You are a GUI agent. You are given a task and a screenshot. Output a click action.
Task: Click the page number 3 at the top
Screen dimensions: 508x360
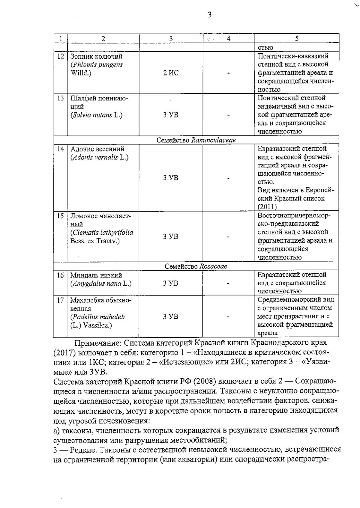[209, 15]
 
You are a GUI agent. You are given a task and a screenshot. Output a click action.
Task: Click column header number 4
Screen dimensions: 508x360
[229, 38]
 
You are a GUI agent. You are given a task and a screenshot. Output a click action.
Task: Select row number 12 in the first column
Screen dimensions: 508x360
[61, 56]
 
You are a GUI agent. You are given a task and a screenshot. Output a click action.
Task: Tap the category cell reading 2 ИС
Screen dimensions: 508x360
[171, 73]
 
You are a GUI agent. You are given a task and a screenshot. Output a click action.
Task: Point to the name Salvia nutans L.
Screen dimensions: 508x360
[97, 115]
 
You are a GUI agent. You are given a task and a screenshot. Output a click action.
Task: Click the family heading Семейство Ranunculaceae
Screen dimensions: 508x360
[196, 140]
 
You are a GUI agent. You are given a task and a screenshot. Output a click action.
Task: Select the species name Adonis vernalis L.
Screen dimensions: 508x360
[100, 157]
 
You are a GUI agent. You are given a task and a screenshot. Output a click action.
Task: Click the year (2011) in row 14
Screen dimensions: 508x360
[267, 207]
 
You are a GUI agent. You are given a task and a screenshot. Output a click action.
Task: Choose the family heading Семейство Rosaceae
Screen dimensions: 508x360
[196, 266]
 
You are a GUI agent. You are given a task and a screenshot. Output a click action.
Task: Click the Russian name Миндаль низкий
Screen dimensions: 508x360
[96, 275]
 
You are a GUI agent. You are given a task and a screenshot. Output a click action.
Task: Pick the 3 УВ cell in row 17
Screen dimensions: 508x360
[171, 316]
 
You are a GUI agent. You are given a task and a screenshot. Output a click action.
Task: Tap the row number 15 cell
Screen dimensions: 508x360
[61, 216]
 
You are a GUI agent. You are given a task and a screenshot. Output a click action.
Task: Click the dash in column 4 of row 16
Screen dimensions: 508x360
[229, 284]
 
